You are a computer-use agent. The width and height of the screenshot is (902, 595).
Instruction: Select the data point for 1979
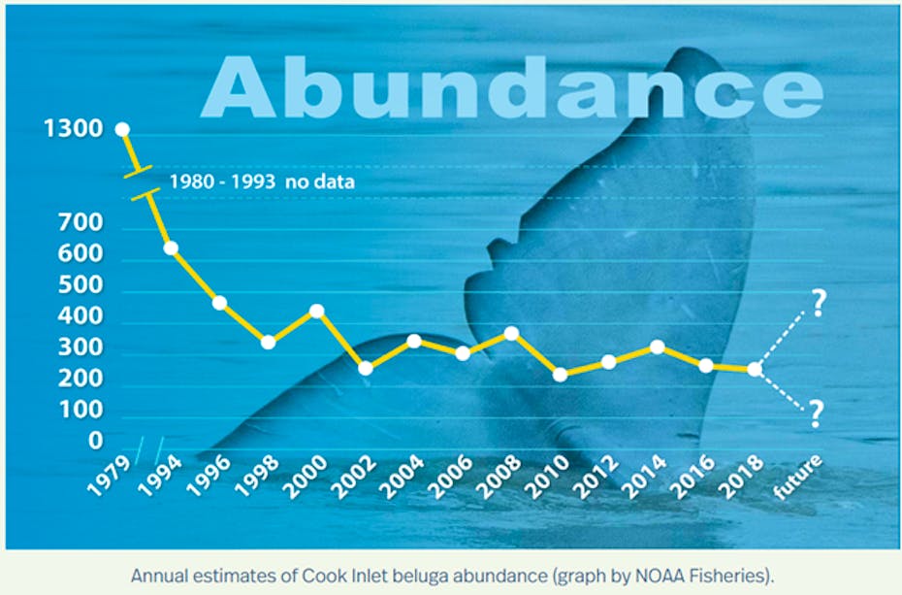[x=122, y=129]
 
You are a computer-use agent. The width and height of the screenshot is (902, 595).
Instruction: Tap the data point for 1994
[x=171, y=248]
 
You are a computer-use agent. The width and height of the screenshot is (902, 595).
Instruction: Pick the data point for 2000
[x=316, y=311]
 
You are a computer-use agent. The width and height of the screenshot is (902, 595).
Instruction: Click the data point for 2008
[x=511, y=333]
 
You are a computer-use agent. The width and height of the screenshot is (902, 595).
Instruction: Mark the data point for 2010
[x=560, y=374]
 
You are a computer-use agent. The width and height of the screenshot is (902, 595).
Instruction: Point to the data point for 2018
[x=755, y=369]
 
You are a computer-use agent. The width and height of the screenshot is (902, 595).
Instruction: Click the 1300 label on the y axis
[x=74, y=129]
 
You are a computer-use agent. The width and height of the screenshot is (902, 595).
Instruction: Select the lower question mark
[x=815, y=415]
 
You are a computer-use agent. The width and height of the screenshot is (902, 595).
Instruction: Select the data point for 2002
[x=366, y=368]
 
